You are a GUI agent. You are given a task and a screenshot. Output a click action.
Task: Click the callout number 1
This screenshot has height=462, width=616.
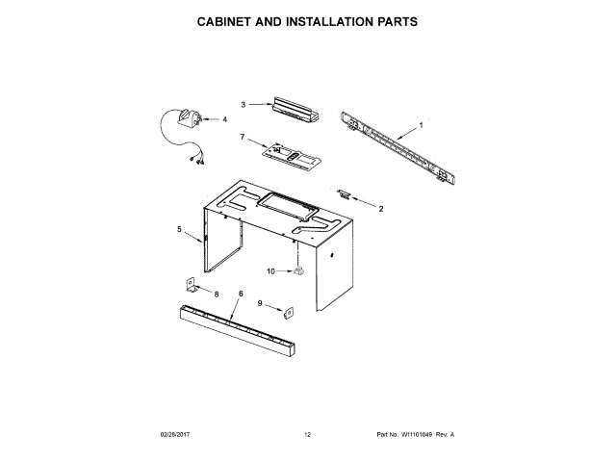coord(420,125)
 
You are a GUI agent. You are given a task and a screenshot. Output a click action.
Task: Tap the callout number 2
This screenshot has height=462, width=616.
coord(380,208)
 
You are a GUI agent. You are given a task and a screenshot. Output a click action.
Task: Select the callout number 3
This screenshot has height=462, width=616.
coord(244,104)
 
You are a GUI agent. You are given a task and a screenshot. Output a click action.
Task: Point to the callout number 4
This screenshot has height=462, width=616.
coord(225,120)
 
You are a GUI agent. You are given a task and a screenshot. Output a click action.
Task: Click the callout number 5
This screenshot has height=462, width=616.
coord(179,229)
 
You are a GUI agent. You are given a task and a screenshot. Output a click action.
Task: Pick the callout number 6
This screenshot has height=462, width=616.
coord(240,293)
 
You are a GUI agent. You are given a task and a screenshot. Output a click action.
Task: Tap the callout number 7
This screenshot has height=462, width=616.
coord(244,138)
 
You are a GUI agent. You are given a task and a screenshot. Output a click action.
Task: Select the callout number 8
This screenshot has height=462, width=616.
coord(216,293)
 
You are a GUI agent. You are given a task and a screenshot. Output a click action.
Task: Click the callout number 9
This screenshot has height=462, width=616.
coord(259,303)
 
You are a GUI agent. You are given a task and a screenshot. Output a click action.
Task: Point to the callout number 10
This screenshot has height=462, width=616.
coord(271,271)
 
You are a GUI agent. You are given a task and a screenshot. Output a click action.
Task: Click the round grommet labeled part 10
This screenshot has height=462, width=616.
coord(298,271)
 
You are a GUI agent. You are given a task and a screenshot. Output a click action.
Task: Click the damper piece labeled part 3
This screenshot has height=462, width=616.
coord(293,109)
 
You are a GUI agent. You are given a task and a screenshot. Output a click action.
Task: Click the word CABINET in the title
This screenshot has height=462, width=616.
coord(231,20)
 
